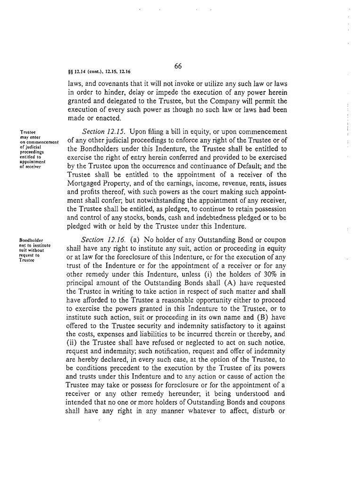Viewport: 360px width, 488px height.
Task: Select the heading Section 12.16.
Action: (100, 240)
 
